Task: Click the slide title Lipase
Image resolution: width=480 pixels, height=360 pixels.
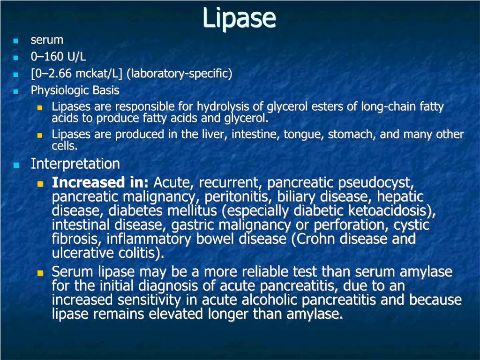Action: [239, 18]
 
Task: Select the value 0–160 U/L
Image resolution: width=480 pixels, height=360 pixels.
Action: [58, 56]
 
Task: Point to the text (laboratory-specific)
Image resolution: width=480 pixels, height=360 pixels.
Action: [179, 74]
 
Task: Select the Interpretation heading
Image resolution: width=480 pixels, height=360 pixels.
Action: [75, 164]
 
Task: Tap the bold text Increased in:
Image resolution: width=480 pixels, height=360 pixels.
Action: [100, 182]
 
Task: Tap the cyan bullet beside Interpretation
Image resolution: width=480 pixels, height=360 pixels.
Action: [16, 165]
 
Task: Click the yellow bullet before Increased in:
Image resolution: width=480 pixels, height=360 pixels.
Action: [40, 184]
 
